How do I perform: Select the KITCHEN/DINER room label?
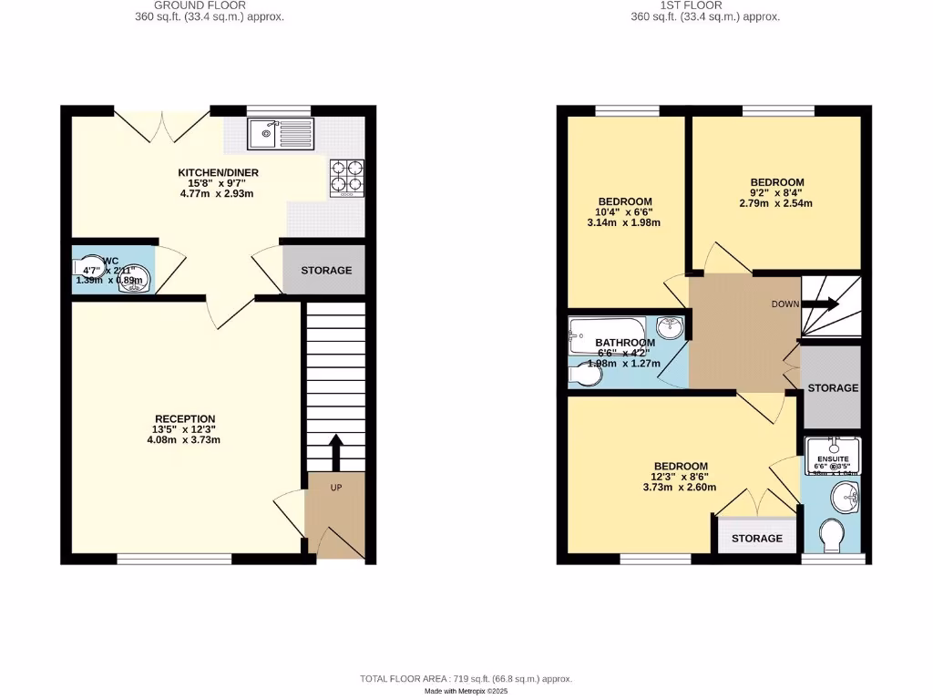pos(218,172)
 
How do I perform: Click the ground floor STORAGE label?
pos(326,271)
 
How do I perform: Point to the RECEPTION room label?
pos(184,419)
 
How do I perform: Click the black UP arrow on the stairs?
pos(335,452)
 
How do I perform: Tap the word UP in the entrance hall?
pos(335,488)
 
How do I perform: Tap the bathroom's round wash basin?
pos(670,328)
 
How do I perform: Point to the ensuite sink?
pos(847,496)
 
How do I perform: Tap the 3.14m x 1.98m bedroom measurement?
pos(624,222)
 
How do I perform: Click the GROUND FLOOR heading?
pos(200,5)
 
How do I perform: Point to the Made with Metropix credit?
pos(466,692)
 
